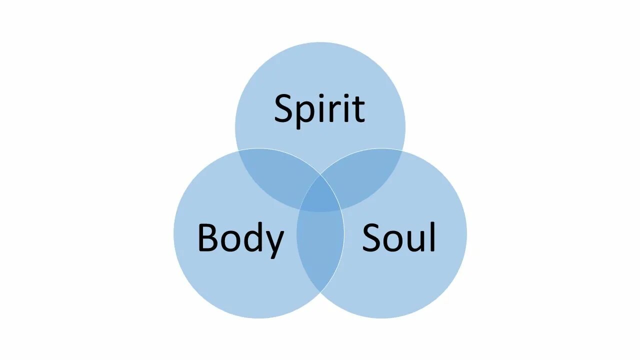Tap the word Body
[x=240, y=238]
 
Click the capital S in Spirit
[x=285, y=108]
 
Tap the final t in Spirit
[x=358, y=109]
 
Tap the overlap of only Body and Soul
[x=320, y=250]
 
